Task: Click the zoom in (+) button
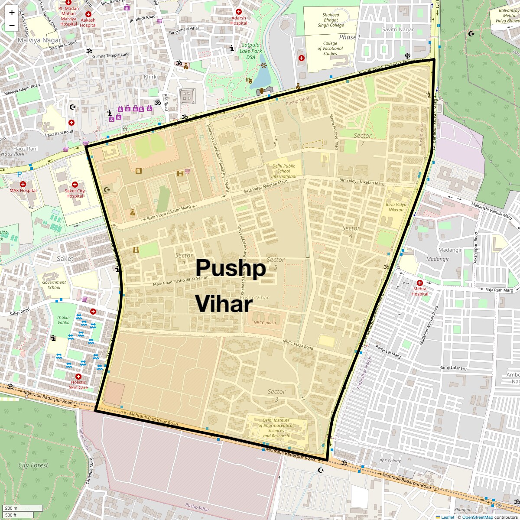12,13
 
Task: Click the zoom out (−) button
12,25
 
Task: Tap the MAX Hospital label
23,191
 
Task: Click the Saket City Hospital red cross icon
75,185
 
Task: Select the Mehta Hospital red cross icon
419,283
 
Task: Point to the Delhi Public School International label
284,171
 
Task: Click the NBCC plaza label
264,322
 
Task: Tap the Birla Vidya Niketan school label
396,207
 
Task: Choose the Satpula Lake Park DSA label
251,51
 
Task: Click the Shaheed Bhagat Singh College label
331,20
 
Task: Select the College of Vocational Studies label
330,49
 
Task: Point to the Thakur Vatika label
63,320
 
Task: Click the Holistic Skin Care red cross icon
78,377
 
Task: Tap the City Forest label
33,465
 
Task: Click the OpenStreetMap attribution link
477,517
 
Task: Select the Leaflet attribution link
447,517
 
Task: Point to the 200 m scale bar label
11,508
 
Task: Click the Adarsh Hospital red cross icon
238,12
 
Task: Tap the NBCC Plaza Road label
298,344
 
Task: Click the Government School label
54,285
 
